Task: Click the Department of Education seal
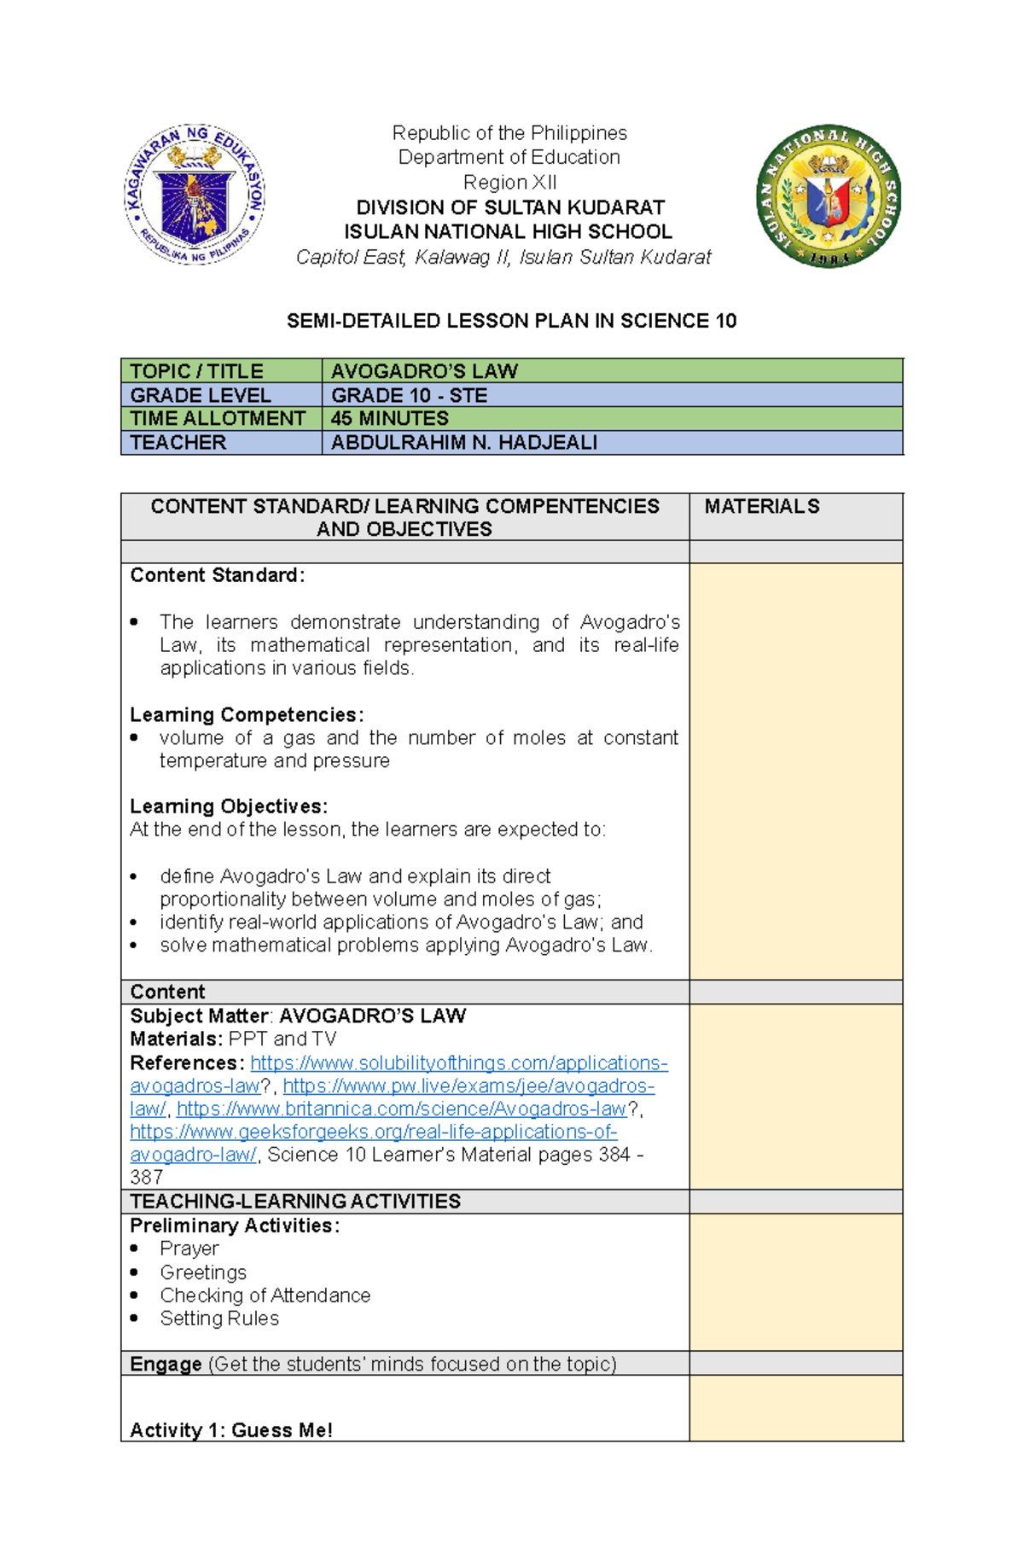(195, 195)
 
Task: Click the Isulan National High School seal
(828, 195)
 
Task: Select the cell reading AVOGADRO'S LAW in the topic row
(424, 371)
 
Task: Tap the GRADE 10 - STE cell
(410, 395)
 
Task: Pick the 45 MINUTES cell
(390, 418)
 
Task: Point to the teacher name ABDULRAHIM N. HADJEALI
(464, 442)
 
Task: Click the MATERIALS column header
(762, 506)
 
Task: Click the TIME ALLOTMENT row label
(218, 418)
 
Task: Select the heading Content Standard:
(217, 575)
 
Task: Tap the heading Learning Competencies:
(247, 714)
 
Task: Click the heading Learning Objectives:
(229, 806)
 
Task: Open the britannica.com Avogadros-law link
(401, 1109)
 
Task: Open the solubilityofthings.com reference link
(458, 1062)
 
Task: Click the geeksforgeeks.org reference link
(373, 1132)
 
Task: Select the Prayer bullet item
(189, 1249)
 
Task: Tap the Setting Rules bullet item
(219, 1318)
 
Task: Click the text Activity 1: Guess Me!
(231, 1430)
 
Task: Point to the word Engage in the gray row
(166, 1364)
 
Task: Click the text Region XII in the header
(509, 182)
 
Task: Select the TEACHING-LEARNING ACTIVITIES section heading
(295, 1201)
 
